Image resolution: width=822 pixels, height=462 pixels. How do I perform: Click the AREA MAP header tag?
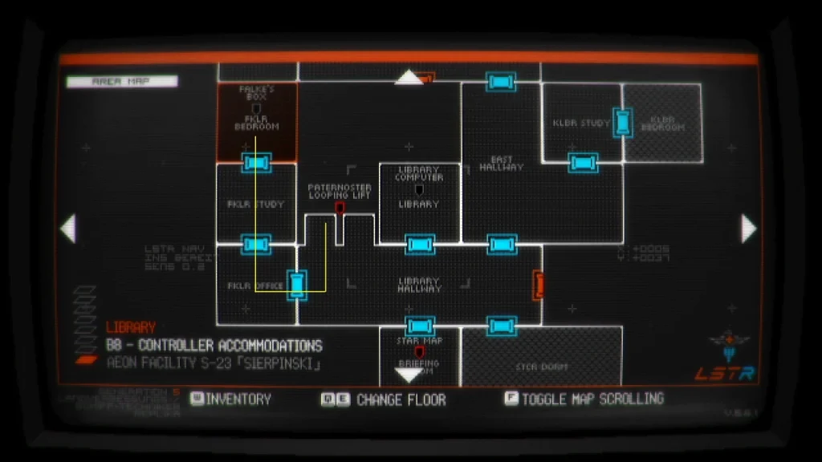tap(122, 81)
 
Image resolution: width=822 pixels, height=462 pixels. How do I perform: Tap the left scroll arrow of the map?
tap(68, 229)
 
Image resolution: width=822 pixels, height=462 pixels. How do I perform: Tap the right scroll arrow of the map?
tap(748, 229)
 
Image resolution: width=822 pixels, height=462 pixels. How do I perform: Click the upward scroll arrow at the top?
tap(409, 77)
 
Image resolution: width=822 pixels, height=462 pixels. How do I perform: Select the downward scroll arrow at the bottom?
tap(409, 374)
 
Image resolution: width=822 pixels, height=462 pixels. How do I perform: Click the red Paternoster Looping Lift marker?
tap(340, 208)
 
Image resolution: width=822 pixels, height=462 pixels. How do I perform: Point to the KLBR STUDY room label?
tap(581, 124)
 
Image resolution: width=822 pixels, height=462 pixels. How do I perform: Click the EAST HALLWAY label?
tap(501, 164)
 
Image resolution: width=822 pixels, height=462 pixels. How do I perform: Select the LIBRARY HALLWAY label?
tap(419, 285)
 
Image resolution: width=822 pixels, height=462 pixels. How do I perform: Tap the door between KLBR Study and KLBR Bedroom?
tap(622, 123)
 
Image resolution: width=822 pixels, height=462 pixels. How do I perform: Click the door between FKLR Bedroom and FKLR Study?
tap(257, 163)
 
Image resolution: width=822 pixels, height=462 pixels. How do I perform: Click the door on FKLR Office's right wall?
tap(298, 285)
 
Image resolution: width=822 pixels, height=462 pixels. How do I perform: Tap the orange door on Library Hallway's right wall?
tap(539, 285)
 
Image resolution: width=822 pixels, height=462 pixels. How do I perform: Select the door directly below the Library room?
tap(419, 244)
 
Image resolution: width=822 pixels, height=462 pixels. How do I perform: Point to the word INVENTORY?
tap(238, 399)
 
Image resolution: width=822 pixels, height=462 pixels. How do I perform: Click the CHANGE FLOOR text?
tap(401, 399)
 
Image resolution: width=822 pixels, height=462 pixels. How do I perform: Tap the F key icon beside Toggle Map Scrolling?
tap(511, 398)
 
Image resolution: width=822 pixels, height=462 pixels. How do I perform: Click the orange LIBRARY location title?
tap(131, 327)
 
